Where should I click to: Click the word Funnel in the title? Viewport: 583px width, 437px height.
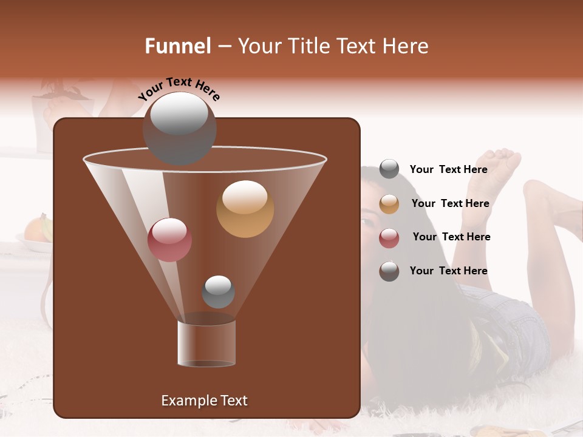click(x=178, y=46)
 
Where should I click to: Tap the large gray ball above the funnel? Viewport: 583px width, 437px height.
click(x=179, y=129)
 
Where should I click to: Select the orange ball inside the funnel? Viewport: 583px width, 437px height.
click(x=245, y=209)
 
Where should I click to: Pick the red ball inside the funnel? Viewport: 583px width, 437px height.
click(x=169, y=240)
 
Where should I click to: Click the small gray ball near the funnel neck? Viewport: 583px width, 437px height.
click(x=218, y=292)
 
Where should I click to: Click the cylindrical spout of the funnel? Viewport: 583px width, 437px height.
click(x=206, y=343)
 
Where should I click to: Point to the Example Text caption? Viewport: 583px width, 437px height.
click(x=204, y=401)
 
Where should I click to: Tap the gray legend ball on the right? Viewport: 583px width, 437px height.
click(x=389, y=169)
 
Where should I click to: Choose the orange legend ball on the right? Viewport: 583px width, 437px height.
click(x=389, y=204)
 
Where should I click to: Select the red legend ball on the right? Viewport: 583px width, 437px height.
click(x=389, y=238)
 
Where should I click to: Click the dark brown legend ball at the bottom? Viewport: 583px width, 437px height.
click(x=389, y=271)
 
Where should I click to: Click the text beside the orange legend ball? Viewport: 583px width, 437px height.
click(x=450, y=203)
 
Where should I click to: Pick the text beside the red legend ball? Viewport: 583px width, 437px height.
click(x=451, y=237)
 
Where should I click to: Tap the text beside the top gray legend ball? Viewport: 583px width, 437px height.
click(x=448, y=169)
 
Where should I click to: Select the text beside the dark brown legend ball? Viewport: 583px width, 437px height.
click(x=448, y=271)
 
